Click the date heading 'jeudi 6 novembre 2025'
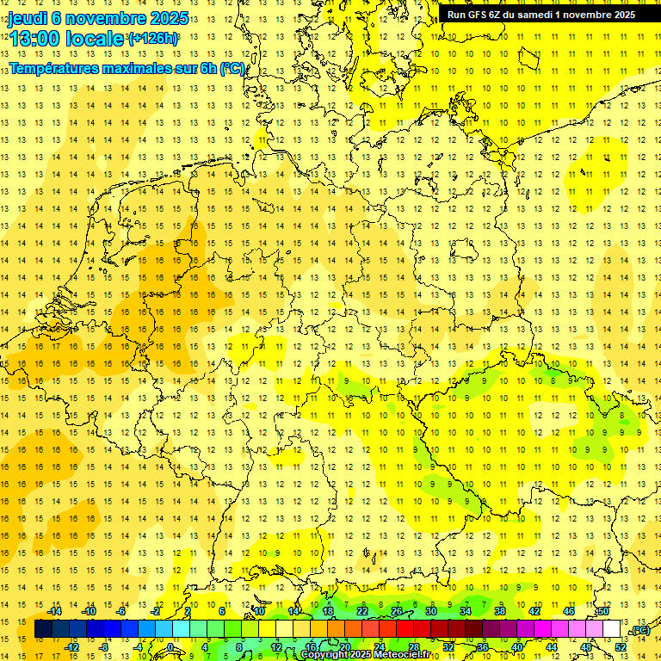(x=98, y=17)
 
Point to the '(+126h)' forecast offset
(x=153, y=38)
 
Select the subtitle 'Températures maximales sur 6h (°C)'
(x=127, y=68)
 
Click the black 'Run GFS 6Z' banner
(x=541, y=14)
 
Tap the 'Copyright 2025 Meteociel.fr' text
(x=365, y=655)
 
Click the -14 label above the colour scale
(x=55, y=611)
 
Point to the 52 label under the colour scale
(x=621, y=646)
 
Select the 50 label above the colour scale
(x=603, y=611)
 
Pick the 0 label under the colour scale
(x=171, y=646)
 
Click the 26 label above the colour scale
(x=397, y=611)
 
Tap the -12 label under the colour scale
(x=71, y=646)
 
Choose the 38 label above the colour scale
(x=500, y=611)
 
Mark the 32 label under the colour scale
(x=448, y=646)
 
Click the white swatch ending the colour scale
(x=611, y=629)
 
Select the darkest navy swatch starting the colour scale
(x=43, y=629)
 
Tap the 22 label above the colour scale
(x=362, y=611)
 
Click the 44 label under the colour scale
(x=552, y=646)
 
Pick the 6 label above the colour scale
(x=222, y=611)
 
